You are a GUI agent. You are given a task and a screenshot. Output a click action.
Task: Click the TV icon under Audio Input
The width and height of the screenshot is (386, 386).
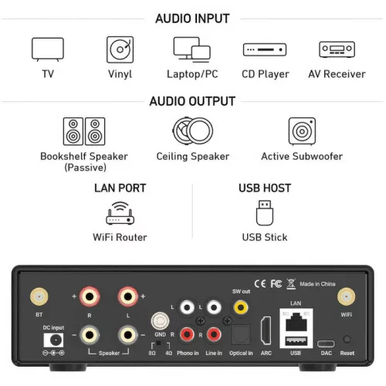pyautogui.click(x=48, y=49)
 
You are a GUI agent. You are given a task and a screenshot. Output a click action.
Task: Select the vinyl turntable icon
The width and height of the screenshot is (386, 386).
pyautogui.click(x=120, y=49)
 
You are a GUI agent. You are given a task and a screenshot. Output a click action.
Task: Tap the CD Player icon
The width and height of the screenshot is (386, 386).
pyautogui.click(x=265, y=49)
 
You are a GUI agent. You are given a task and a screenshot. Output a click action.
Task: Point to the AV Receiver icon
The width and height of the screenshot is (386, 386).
pyautogui.click(x=337, y=49)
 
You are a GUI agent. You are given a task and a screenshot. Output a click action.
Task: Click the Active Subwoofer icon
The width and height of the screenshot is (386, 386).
pyautogui.click(x=302, y=131)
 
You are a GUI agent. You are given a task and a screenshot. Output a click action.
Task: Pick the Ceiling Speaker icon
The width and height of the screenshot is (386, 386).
pyautogui.click(x=192, y=131)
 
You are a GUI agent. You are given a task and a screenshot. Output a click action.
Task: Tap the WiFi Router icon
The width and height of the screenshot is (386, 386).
pyautogui.click(x=120, y=212)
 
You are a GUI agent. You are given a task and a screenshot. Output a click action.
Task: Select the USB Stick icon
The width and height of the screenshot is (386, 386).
pyautogui.click(x=265, y=212)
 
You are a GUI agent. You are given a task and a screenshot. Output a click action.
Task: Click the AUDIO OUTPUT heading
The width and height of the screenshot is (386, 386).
pyautogui.click(x=192, y=101)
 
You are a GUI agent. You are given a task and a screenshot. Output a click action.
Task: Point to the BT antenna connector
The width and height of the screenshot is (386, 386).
pyautogui.click(x=36, y=296)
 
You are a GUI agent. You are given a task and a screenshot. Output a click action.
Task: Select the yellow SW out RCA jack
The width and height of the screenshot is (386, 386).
pyautogui.click(x=242, y=306)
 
